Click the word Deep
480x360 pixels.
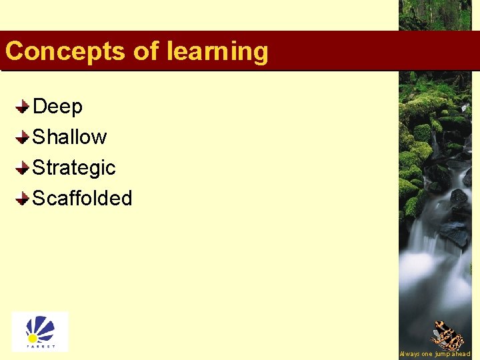point(57,107)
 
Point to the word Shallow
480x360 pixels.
point(69,137)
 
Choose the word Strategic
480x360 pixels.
point(74,168)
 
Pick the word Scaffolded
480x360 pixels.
point(82,199)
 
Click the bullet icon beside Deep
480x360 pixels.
point(22,107)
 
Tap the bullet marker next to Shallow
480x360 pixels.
point(22,137)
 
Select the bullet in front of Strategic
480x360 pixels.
point(22,168)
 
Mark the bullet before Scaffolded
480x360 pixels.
point(22,199)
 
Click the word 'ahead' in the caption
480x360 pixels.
point(462,354)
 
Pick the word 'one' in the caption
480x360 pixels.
point(427,354)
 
